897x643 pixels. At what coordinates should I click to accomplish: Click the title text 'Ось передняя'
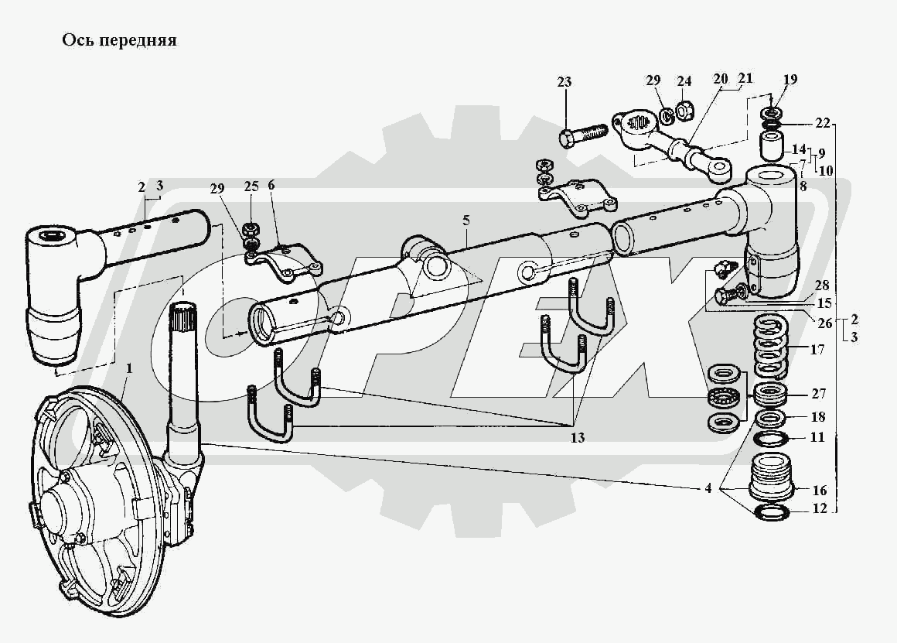point(119,41)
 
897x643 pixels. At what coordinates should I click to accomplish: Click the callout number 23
point(564,83)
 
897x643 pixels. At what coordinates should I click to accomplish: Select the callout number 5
point(466,221)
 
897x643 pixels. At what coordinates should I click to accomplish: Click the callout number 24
point(684,80)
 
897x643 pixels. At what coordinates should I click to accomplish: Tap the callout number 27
point(819,393)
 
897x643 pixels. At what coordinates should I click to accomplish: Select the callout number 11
point(818,438)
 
